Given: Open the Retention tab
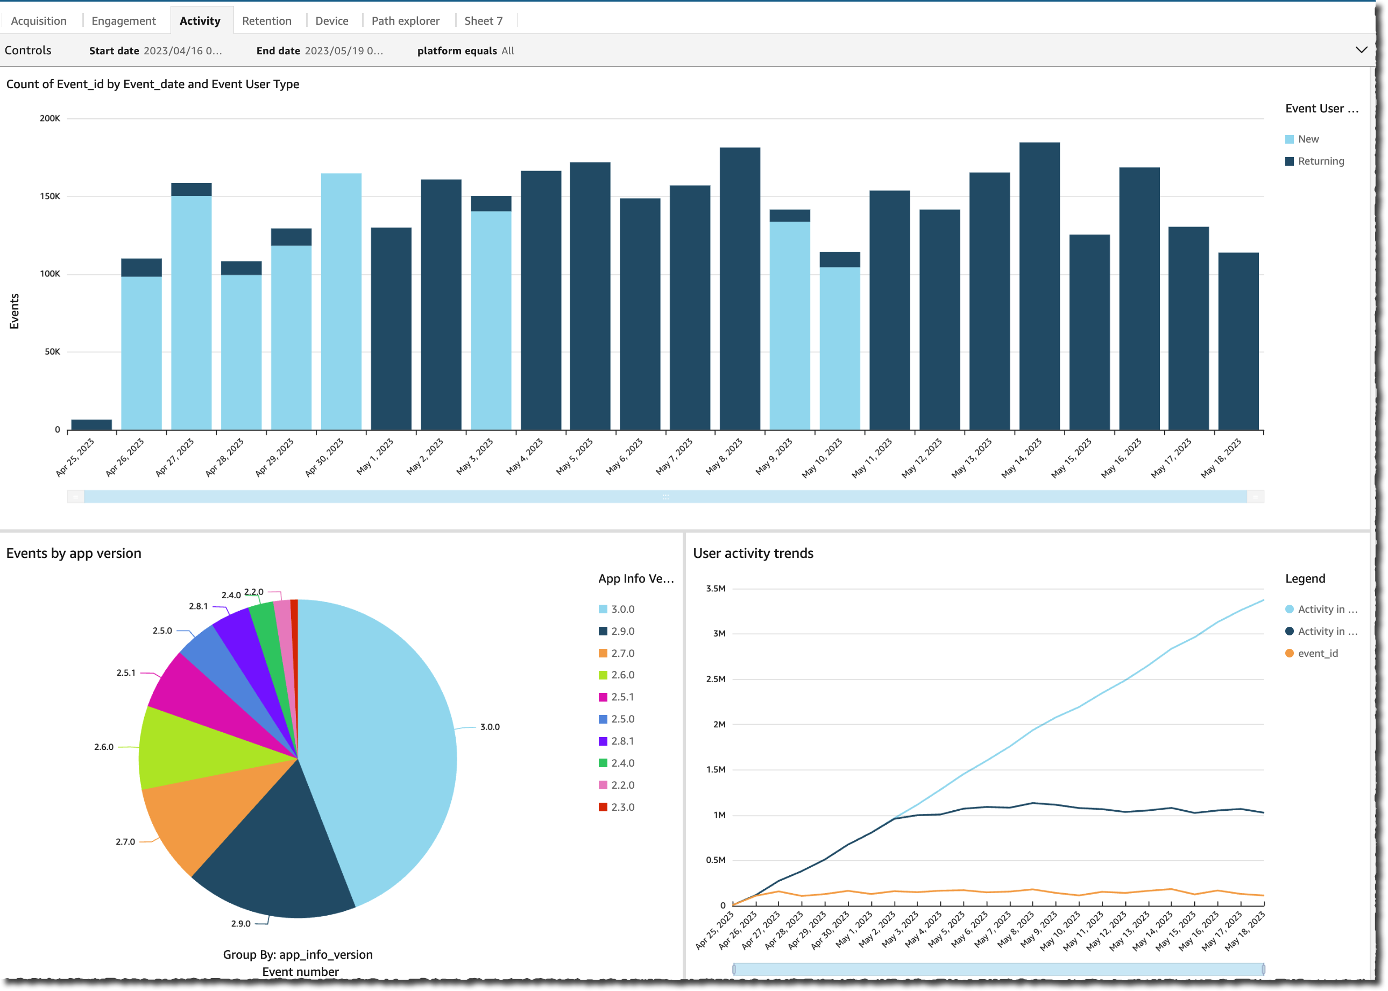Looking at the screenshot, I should click(267, 21).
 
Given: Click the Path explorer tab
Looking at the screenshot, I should click(405, 21).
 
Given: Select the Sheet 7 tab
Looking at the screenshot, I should click(483, 21).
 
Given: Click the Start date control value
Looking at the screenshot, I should click(182, 51).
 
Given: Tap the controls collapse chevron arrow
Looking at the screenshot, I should click(1361, 50).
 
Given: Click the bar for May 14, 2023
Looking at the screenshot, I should click(1039, 287).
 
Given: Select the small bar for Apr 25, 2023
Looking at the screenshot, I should click(91, 424).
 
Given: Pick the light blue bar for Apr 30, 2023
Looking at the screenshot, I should click(341, 302).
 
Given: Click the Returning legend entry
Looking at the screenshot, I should click(1320, 161).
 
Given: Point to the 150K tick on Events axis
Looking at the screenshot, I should click(50, 196).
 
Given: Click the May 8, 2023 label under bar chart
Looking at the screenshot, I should click(725, 456).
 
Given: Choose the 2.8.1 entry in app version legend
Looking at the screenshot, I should click(622, 741).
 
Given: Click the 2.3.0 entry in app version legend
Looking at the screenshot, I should click(622, 806).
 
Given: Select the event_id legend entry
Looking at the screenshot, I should click(1317, 653).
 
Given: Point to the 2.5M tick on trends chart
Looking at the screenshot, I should click(716, 678).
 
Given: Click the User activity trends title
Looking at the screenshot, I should click(753, 553).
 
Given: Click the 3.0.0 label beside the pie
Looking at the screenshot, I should click(490, 727).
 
